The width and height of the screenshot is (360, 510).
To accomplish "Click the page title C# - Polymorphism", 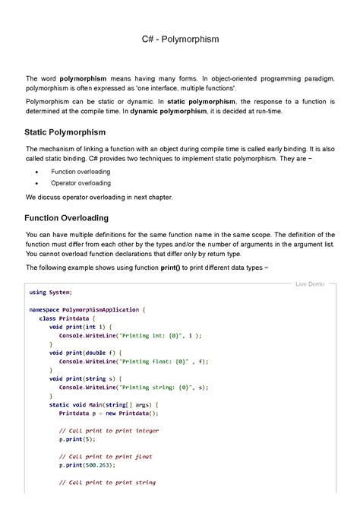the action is point(179,38).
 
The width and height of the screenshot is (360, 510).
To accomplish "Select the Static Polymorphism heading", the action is point(65,132).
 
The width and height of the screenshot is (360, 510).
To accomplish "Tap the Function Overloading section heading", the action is point(67,218).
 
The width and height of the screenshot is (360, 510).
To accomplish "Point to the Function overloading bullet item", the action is point(80,172).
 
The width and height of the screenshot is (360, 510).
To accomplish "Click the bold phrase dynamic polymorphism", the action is point(168,111).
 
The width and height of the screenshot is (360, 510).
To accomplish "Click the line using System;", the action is point(50,291).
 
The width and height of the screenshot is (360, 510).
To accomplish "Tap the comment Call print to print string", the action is point(107,482).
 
